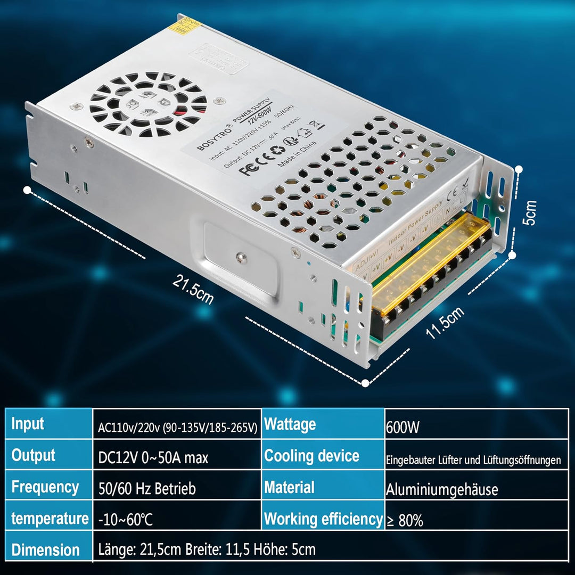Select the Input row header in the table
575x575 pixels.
point(28,424)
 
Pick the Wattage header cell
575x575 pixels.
point(290,424)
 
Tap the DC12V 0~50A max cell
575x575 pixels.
point(153,457)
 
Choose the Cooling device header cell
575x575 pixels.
point(311,456)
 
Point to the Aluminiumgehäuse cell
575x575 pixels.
point(442,489)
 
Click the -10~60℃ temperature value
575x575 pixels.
point(126,520)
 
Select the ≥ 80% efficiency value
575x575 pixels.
point(405,521)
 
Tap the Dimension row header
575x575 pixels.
point(46,550)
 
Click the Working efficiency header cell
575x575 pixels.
point(323,519)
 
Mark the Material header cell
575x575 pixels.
point(290,487)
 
